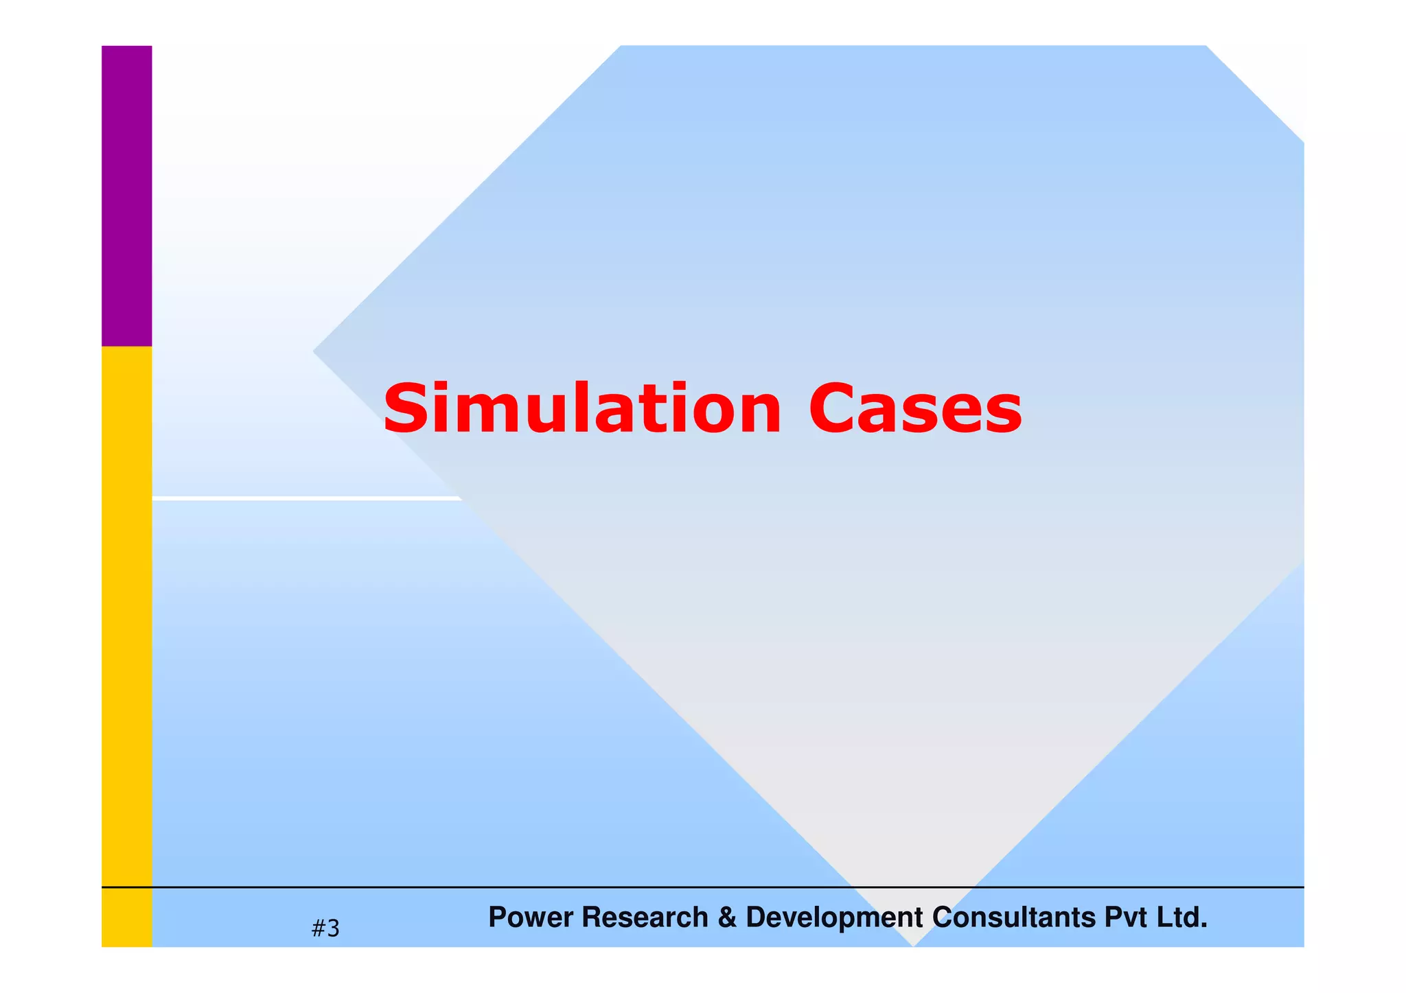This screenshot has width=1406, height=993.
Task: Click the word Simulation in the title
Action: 582,409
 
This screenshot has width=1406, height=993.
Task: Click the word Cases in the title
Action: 915,409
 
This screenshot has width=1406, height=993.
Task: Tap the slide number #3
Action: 325,928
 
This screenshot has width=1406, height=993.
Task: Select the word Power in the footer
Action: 529,918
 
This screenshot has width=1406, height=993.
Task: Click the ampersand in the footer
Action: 727,918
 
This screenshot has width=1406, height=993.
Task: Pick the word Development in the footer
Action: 834,918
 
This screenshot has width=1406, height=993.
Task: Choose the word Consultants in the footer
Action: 1014,918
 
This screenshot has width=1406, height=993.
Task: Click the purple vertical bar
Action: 127,196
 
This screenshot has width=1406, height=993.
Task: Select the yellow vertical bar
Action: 127,618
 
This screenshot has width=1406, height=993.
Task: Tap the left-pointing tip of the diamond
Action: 316,351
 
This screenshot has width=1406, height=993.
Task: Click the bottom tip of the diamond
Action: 913,944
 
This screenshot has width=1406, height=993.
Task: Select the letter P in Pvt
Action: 1113,918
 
